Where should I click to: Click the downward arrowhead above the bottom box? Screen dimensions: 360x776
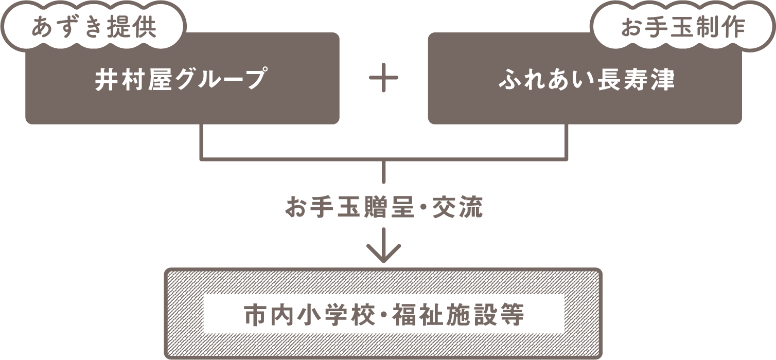point(384,252)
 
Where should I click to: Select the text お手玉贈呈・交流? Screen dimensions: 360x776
point(384,208)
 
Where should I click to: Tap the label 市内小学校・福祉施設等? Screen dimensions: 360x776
point(384,315)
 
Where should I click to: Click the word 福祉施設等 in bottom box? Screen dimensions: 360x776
point(458,315)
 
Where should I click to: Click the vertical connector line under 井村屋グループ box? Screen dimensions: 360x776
point(202,141)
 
